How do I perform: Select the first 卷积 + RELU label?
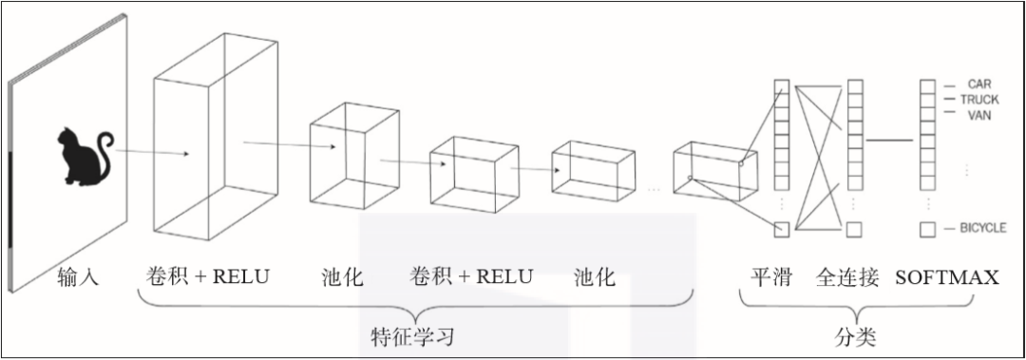[208, 276]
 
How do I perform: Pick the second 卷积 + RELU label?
[471, 276]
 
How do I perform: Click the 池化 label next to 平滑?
[595, 277]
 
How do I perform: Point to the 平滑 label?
[770, 277]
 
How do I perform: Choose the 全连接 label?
[847, 277]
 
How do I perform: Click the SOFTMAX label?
[946, 277]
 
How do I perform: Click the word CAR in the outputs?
[978, 84]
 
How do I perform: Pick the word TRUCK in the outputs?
[978, 99]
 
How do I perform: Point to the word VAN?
[978, 114]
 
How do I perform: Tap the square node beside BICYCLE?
[927, 229]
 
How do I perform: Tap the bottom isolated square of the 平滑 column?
[781, 228]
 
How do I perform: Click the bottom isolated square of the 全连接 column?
[854, 229]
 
